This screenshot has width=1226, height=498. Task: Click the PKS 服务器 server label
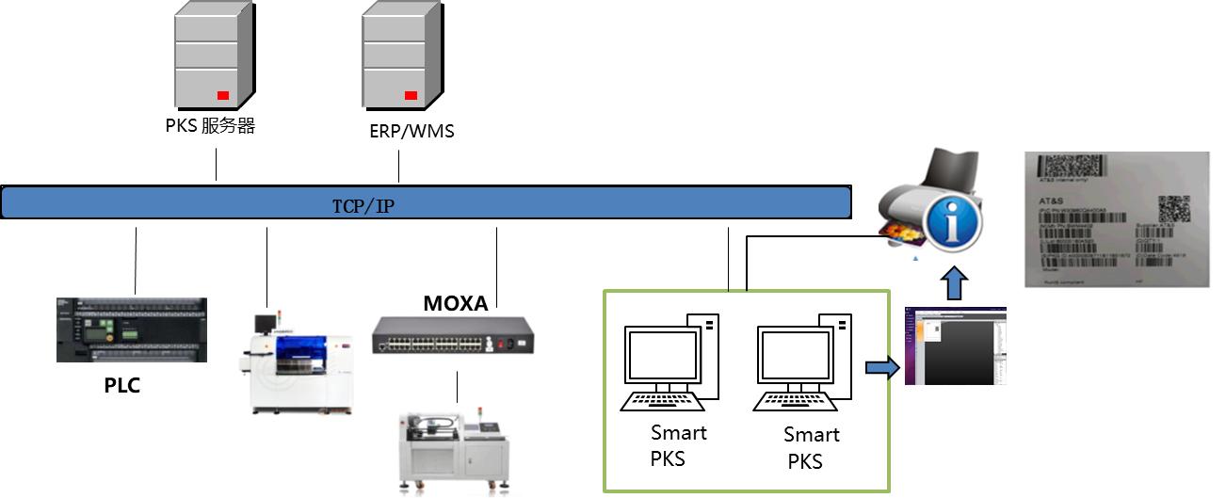coord(209,126)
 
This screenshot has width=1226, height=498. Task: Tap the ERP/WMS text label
coord(411,131)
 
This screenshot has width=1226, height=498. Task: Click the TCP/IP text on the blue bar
coord(363,206)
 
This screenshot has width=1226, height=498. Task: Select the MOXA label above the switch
coord(456,303)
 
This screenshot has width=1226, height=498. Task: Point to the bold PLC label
coord(122,385)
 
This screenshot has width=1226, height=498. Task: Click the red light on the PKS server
coord(223,94)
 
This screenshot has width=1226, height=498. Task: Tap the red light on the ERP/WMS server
coord(411,94)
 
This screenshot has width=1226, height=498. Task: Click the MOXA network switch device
coord(453,334)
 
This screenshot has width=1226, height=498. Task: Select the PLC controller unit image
coord(132,329)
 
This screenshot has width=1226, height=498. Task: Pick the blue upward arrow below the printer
coord(955,282)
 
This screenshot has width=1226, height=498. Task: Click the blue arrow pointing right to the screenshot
coord(881,366)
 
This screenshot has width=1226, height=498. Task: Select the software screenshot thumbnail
coord(955,345)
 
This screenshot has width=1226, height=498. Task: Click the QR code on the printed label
coord(1173,208)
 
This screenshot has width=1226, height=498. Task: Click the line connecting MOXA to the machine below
coord(459,387)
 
